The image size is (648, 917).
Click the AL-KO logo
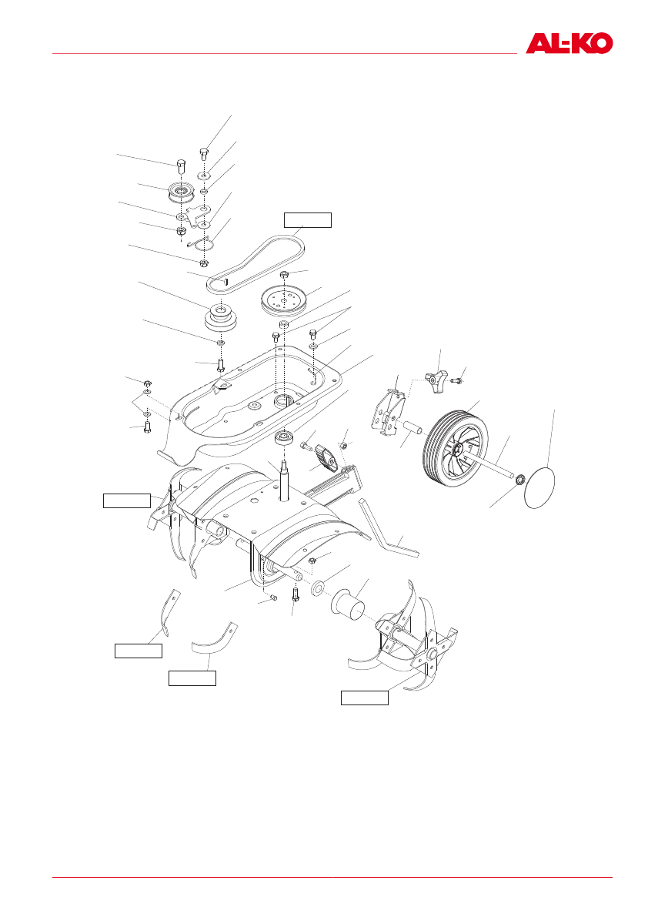tap(570, 43)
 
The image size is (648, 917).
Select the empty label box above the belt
tap(307, 220)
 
